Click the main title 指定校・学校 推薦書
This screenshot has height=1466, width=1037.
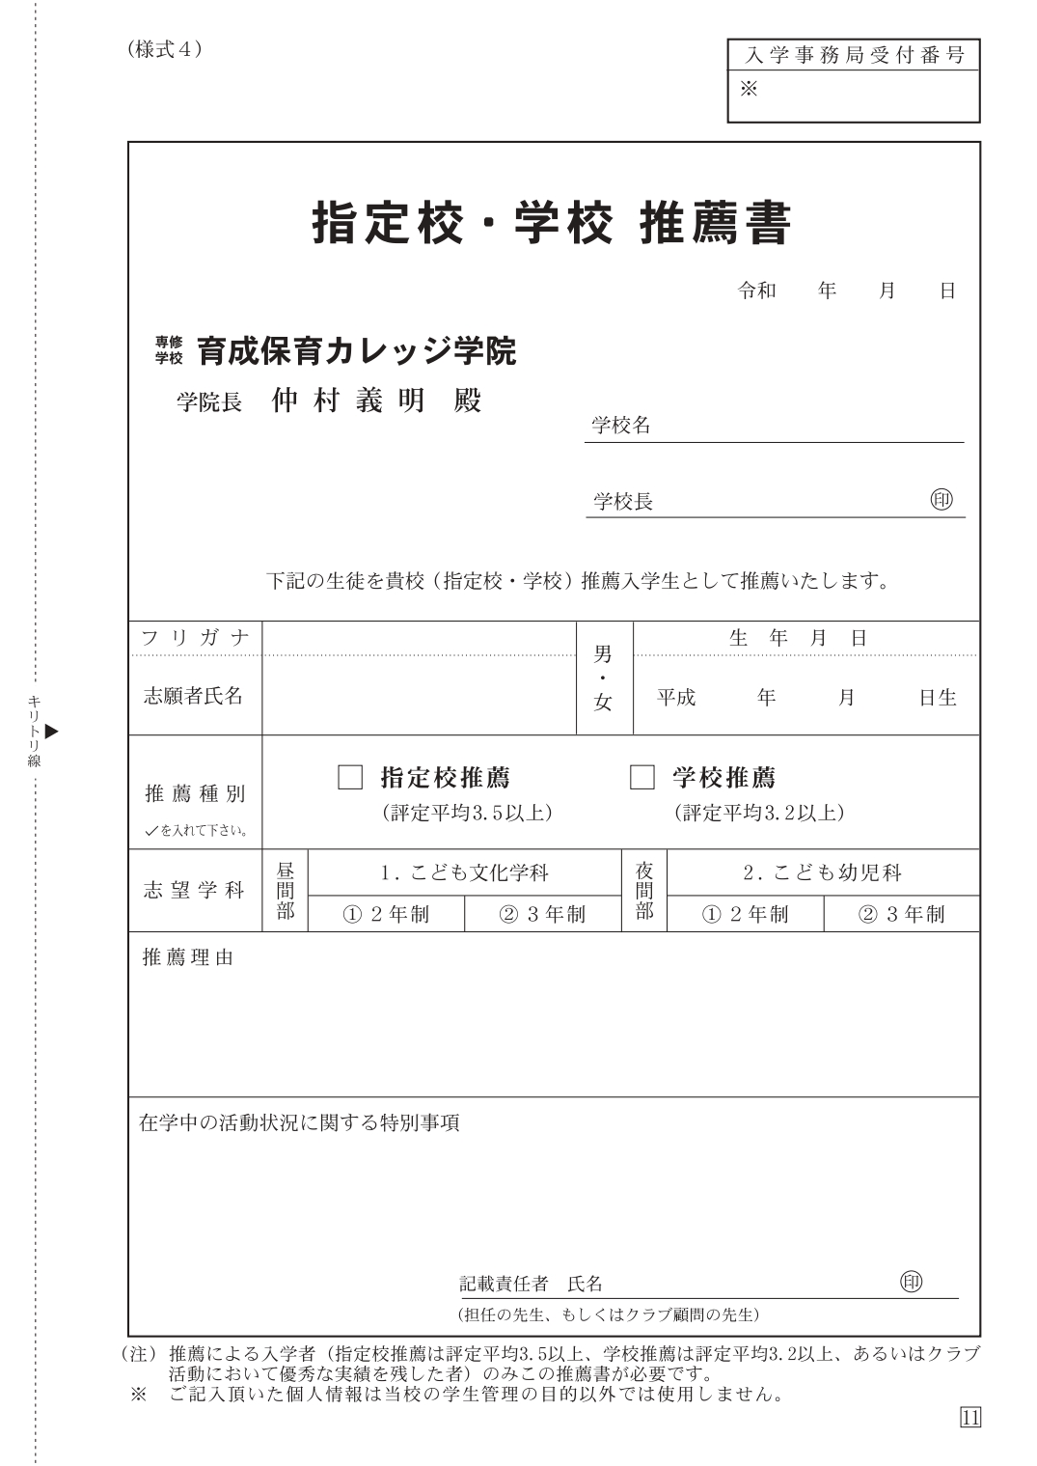click(x=551, y=224)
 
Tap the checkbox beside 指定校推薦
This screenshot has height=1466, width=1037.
click(x=350, y=777)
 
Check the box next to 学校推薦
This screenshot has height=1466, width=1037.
click(x=641, y=777)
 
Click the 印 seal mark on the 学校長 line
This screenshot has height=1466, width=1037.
click(x=941, y=500)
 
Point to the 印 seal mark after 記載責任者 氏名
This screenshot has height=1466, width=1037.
click(x=911, y=1281)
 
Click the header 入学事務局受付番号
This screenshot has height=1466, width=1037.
click(x=854, y=56)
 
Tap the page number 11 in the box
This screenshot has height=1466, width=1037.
click(x=970, y=1417)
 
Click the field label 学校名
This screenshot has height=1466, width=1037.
click(x=621, y=426)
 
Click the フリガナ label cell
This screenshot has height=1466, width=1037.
click(x=195, y=638)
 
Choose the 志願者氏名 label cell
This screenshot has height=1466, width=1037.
click(x=193, y=696)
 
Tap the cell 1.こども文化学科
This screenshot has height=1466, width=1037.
click(x=464, y=873)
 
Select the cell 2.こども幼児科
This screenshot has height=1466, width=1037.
click(x=823, y=873)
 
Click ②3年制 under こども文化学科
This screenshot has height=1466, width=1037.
click(x=541, y=914)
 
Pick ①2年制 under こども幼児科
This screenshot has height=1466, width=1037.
click(x=745, y=914)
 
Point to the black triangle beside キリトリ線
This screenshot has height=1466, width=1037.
click(x=52, y=731)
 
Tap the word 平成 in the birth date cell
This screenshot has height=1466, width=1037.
click(x=676, y=698)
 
